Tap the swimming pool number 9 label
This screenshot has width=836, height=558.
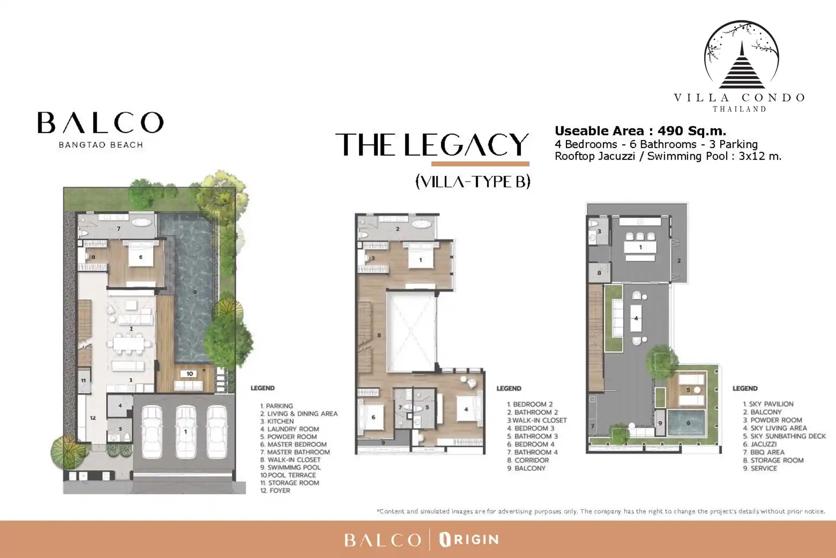(x=195, y=292)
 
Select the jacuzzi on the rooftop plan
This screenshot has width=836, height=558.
(x=688, y=423)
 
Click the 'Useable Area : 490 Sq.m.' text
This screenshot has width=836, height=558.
(x=640, y=131)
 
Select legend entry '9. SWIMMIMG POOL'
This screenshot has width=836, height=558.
(x=290, y=467)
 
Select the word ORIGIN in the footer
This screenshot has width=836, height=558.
(x=469, y=540)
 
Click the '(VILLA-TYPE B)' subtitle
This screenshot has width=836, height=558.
(x=473, y=181)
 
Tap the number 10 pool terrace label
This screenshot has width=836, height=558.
(x=190, y=374)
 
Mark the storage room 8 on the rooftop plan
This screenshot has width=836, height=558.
(x=599, y=272)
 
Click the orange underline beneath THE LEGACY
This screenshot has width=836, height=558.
(x=480, y=164)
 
